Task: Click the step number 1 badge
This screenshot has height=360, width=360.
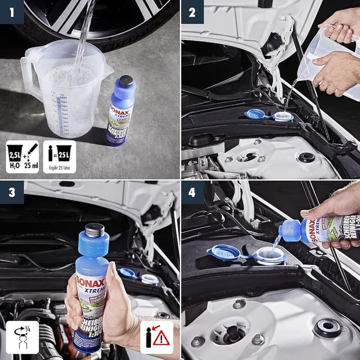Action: (11, 11)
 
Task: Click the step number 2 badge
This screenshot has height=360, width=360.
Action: (192, 11)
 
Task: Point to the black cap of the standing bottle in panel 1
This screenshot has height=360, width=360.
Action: (127, 82)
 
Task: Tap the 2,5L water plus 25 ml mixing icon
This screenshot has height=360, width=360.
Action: (22, 156)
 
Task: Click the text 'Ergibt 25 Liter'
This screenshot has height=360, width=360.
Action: (59, 168)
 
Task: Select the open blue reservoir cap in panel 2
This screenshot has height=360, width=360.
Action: (256, 114)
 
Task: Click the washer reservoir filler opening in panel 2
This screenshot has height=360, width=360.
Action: (282, 116)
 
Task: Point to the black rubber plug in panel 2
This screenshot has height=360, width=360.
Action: (306, 157)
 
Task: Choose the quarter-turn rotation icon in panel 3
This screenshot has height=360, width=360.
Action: (22, 337)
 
